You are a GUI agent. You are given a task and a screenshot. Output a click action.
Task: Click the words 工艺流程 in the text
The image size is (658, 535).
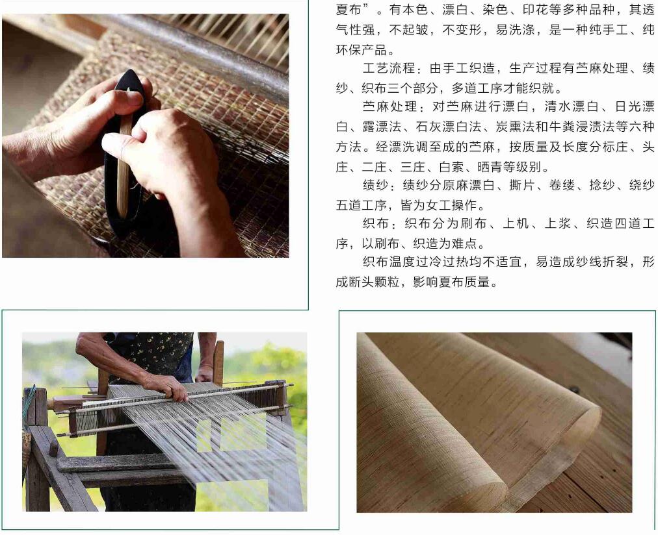pyautogui.click(x=389, y=68)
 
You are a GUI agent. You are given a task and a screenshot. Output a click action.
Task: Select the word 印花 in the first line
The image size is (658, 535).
pyautogui.click(x=536, y=10)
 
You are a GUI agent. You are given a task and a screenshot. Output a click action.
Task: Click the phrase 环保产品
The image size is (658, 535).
pyautogui.click(x=362, y=50)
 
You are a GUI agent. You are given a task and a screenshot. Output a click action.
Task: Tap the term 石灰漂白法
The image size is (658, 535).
pyautogui.click(x=448, y=127)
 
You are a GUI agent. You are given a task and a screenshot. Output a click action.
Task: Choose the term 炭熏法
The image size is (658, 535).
pyautogui.click(x=515, y=127)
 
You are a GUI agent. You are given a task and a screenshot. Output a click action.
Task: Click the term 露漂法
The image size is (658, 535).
pyautogui.click(x=382, y=127)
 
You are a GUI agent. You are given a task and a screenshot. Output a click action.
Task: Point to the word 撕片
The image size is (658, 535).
pyautogui.click(x=522, y=185)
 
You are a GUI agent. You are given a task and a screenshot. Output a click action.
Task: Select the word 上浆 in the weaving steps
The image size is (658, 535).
pyautogui.click(x=558, y=223)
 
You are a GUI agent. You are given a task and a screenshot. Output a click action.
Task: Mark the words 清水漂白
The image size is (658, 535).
pyautogui.click(x=571, y=106)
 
